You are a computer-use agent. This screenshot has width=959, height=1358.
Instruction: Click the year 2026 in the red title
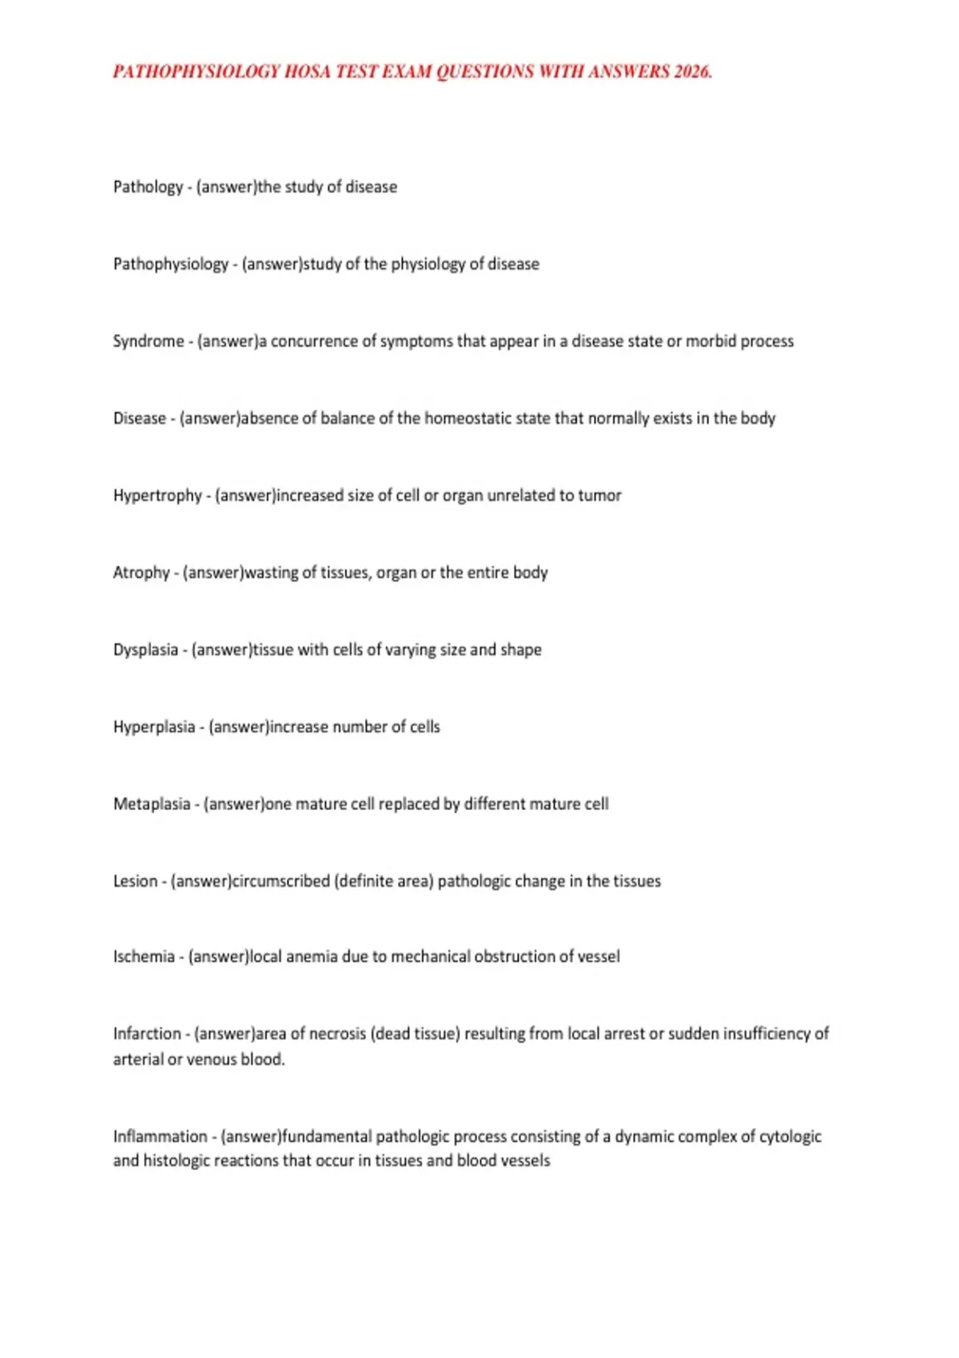tap(691, 72)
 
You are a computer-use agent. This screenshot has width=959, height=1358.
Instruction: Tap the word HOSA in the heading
tap(307, 72)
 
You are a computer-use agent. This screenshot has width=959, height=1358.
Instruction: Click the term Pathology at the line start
tap(148, 187)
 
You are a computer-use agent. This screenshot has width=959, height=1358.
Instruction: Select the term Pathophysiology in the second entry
tap(170, 264)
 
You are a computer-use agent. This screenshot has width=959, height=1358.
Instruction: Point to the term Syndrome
tap(148, 341)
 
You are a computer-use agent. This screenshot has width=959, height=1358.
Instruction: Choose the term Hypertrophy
tap(157, 496)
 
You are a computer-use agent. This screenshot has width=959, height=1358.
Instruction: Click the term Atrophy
tap(141, 573)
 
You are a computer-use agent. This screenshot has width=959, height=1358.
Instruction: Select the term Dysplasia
tap(145, 650)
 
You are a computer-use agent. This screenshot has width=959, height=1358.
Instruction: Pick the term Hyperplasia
tap(154, 728)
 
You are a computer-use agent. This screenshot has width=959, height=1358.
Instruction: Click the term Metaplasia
tap(152, 804)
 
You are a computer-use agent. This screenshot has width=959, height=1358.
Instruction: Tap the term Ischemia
tap(144, 957)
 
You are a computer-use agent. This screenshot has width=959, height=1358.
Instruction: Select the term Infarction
tap(147, 1034)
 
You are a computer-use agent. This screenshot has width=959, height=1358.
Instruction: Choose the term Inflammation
tap(160, 1137)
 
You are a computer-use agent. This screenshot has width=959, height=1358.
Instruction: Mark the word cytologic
tap(790, 1137)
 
